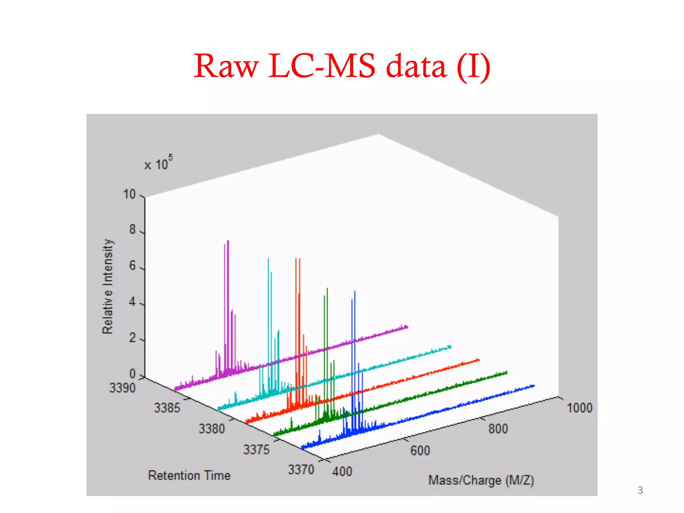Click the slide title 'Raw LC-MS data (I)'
[x=342, y=66]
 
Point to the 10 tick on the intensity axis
[x=130, y=194]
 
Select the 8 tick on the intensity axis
[x=133, y=229]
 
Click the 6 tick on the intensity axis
[x=133, y=266]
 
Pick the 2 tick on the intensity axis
[x=133, y=338]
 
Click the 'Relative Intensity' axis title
[x=108, y=286]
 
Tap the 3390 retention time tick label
[x=123, y=388]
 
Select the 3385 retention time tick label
[x=167, y=408]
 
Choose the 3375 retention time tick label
[x=256, y=450]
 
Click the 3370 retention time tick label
[x=301, y=470]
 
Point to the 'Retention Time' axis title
[x=189, y=475]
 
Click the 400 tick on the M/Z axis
[x=342, y=472]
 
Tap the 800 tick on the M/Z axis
[x=498, y=429]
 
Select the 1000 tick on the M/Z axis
[x=579, y=408]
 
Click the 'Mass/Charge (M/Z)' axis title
[x=481, y=480]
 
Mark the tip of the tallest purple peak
[x=228, y=241]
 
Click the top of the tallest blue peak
[x=355, y=291]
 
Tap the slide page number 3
[x=640, y=490]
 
